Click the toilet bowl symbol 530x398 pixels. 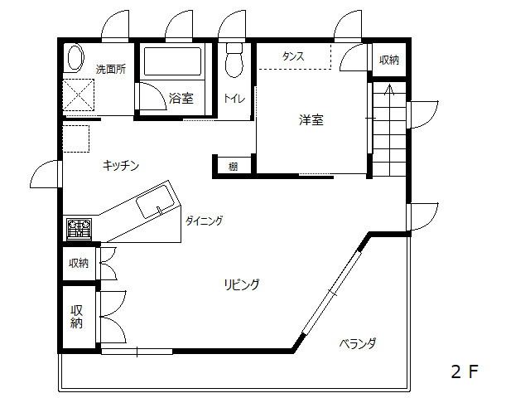pyautogui.click(x=234, y=61)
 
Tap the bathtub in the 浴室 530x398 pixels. pyautogui.click(x=172, y=61)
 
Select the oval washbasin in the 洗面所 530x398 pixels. pyautogui.click(x=75, y=57)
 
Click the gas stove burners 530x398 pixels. pyautogui.click(x=79, y=229)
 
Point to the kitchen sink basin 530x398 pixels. pyautogui.click(x=155, y=201)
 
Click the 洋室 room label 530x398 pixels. pyautogui.click(x=311, y=120)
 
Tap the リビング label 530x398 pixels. pyautogui.click(x=242, y=284)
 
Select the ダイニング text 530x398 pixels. pyautogui.click(x=205, y=221)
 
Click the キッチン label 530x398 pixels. pyautogui.click(x=121, y=166)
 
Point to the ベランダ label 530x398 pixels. pyautogui.click(x=358, y=344)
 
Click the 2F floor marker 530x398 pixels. pyautogui.click(x=465, y=371)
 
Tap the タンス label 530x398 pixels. pyautogui.click(x=293, y=56)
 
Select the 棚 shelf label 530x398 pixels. pyautogui.click(x=233, y=167)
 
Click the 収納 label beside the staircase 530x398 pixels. pyautogui.click(x=389, y=60)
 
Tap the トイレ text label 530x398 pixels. pyautogui.click(x=234, y=99)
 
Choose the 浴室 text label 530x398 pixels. pyautogui.click(x=181, y=98)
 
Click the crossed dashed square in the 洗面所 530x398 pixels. pyautogui.click(x=79, y=95)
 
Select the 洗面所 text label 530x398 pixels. pyautogui.click(x=111, y=70)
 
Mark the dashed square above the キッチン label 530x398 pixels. pyautogui.click(x=76, y=138)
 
